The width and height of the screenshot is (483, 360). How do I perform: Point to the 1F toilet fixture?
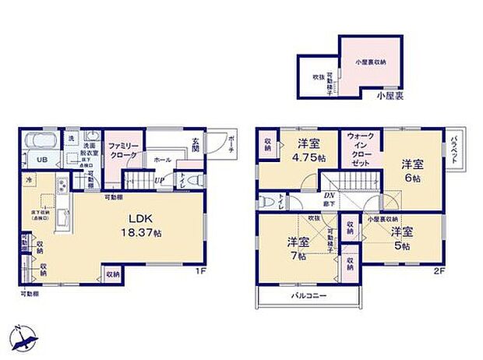(197, 178)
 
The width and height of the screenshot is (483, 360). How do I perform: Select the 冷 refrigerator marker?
(26, 181)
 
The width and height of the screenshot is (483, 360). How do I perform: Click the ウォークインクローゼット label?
(363, 150)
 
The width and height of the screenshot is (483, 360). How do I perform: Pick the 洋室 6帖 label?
(413, 171)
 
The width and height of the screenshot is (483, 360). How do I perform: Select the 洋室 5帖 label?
(401, 238)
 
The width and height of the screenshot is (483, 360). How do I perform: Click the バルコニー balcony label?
(308, 297)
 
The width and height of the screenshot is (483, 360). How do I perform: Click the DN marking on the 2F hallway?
(329, 197)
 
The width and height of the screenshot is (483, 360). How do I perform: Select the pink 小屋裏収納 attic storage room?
(371, 62)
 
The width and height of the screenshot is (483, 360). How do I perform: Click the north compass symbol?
(26, 337)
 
